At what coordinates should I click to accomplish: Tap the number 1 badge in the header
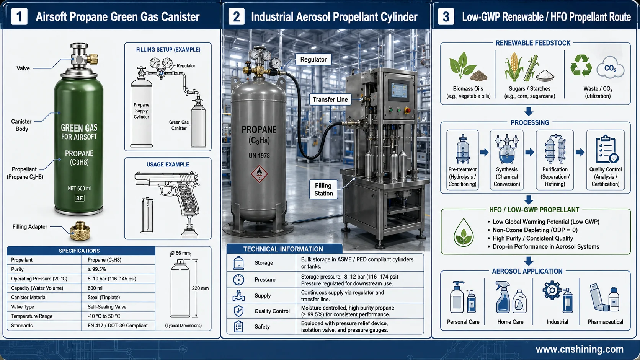click(19, 16)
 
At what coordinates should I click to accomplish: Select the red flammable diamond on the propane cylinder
click(259, 174)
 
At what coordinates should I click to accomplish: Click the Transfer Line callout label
click(330, 99)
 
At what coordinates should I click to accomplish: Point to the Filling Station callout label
click(323, 189)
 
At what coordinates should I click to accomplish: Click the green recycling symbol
click(581, 66)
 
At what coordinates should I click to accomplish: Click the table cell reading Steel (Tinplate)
click(104, 298)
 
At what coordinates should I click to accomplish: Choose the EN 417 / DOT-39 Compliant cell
click(118, 326)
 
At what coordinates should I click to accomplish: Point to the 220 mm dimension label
click(200, 288)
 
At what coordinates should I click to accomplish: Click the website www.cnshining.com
click(580, 349)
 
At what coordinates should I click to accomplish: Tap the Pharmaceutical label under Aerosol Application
click(605, 322)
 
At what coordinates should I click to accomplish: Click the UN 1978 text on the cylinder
click(259, 156)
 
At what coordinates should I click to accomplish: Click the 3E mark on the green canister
click(79, 198)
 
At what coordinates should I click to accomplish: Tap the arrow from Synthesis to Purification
click(529, 152)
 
